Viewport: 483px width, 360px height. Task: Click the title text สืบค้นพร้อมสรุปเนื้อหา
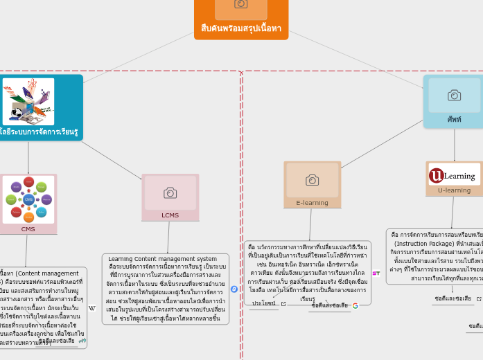pyautogui.click(x=240, y=28)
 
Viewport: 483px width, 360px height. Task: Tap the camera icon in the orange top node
pyautogui.click(x=240, y=4)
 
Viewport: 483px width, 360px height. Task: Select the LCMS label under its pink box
pyautogui.click(x=170, y=215)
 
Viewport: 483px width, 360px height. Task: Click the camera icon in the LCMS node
pyautogui.click(x=170, y=193)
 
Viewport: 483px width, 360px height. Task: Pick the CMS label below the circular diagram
pyautogui.click(x=28, y=229)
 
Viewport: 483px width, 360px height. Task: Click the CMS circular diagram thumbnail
pyautogui.click(x=28, y=199)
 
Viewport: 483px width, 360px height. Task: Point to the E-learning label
pyautogui.click(x=312, y=203)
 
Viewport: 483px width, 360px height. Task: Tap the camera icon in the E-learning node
pyautogui.click(x=312, y=180)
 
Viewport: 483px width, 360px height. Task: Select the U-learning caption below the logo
pyautogui.click(x=454, y=190)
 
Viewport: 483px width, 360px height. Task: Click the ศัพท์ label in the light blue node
pyautogui.click(x=454, y=119)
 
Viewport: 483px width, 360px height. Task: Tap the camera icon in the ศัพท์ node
pyautogui.click(x=454, y=96)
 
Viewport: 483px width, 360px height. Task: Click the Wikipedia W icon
pyautogui.click(x=92, y=309)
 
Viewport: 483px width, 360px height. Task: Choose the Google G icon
pyautogui.click(x=355, y=305)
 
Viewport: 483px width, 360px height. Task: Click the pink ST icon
pyautogui.click(x=376, y=273)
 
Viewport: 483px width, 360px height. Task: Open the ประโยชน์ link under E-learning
pyautogui.click(x=264, y=303)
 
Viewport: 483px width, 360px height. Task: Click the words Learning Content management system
pyautogui.click(x=162, y=259)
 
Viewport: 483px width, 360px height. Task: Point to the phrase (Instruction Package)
pyautogui.click(x=420, y=244)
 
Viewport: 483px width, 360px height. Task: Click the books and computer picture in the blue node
pyautogui.click(x=28, y=101)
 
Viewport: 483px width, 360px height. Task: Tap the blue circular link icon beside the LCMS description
pyautogui.click(x=234, y=289)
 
